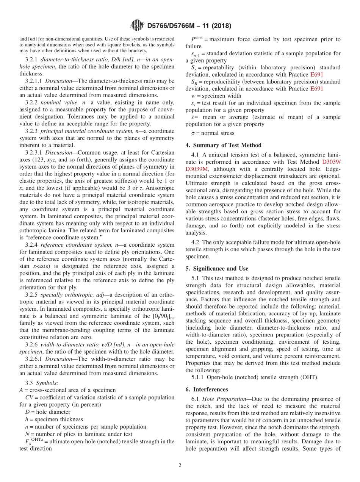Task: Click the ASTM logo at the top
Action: (137, 26)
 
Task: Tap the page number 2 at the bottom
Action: (180, 466)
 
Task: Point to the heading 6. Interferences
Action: (207, 389)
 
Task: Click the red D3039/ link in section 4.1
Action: (331, 162)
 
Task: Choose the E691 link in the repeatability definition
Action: (316, 75)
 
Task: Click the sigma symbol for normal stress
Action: (193, 133)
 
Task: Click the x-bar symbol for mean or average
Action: (194, 117)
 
